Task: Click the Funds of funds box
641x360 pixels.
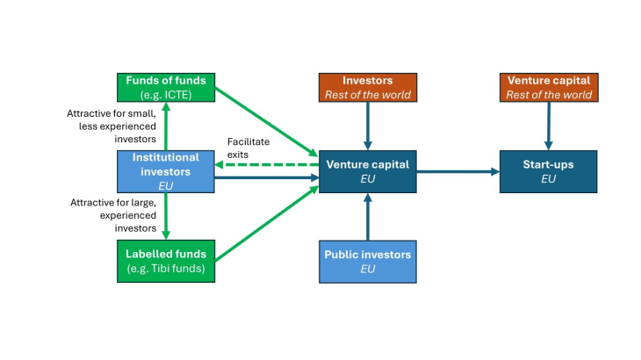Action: pyautogui.click(x=166, y=87)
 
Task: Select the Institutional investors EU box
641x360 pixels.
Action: pyautogui.click(x=166, y=171)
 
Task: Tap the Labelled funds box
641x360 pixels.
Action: pyautogui.click(x=166, y=261)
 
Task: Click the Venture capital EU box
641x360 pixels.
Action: pyautogui.click(x=367, y=171)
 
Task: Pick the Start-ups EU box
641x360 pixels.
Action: pyautogui.click(x=548, y=171)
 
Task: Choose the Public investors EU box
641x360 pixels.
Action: pyautogui.click(x=367, y=261)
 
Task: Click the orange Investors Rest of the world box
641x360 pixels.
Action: pyautogui.click(x=367, y=87)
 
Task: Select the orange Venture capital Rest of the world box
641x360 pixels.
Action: pyautogui.click(x=548, y=87)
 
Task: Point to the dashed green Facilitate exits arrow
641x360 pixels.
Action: pyautogui.click(x=263, y=163)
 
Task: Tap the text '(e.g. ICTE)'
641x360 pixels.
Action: pyautogui.click(x=166, y=93)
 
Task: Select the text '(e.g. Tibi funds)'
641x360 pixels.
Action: pyautogui.click(x=166, y=268)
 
